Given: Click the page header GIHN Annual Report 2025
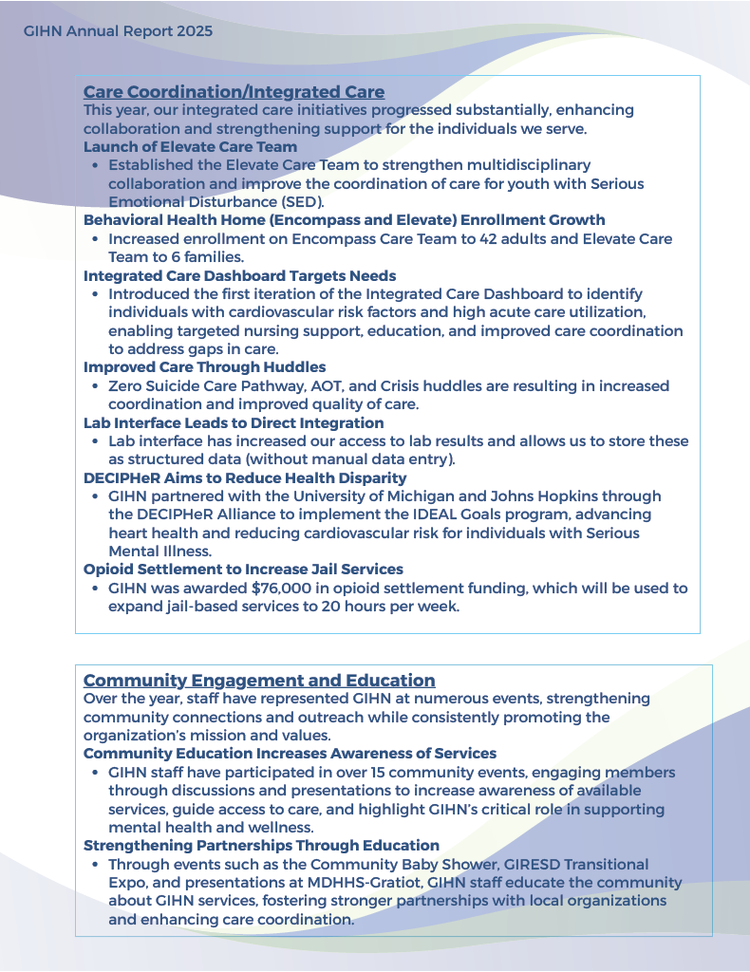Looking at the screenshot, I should tap(118, 30).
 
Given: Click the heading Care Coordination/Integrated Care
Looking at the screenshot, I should tap(234, 92).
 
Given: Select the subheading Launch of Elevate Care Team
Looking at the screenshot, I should tap(190, 147).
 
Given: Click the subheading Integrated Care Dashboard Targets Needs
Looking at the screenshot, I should tap(239, 276).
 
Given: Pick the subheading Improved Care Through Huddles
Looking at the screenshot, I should tap(204, 367).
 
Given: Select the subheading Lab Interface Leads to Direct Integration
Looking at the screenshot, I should tap(234, 423).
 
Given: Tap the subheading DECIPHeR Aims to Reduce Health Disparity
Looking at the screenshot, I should tap(245, 478).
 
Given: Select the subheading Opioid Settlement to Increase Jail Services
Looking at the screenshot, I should tap(243, 570).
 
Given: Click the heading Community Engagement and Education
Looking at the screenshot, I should tap(259, 681).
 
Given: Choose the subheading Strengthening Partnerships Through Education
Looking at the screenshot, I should tap(261, 846).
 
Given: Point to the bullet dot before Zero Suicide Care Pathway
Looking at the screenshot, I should tap(95, 387).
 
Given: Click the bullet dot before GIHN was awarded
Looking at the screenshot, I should tap(95, 589).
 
